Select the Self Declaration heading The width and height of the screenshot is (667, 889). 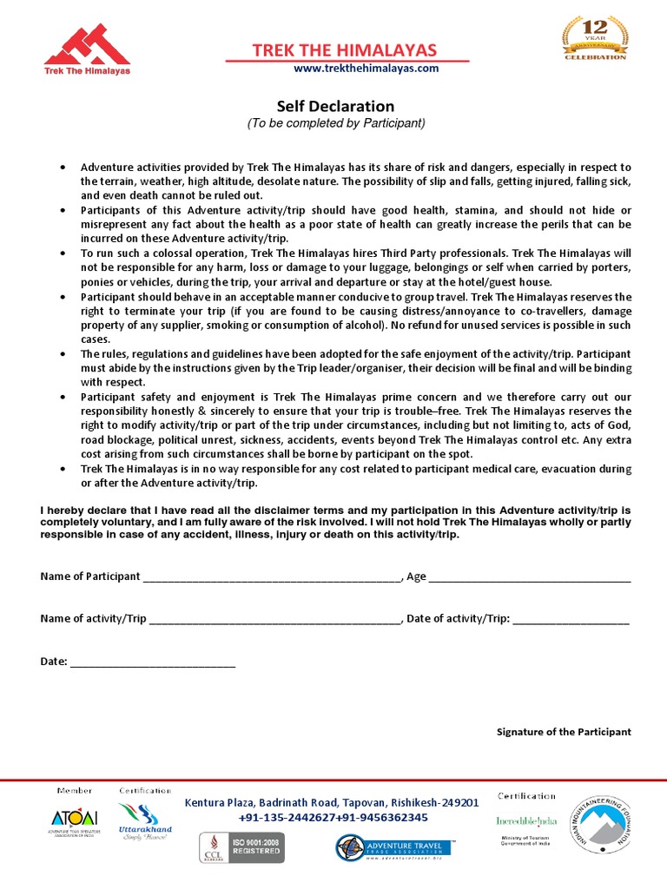tap(335, 106)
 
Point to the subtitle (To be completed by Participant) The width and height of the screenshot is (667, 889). tap(336, 123)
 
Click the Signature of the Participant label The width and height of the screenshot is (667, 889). tap(564, 732)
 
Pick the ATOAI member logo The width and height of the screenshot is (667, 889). tap(75, 821)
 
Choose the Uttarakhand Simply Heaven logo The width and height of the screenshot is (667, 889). tap(145, 820)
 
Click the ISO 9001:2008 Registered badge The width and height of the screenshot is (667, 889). tap(242, 845)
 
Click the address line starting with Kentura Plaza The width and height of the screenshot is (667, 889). tap(331, 803)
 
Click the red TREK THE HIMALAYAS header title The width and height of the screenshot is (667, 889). tap(345, 50)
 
